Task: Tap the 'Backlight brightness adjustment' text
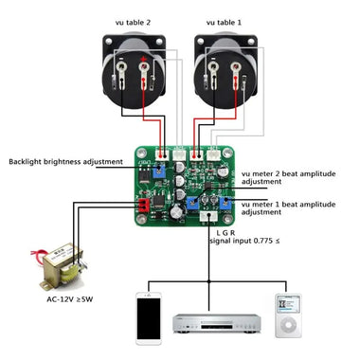[65, 162]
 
